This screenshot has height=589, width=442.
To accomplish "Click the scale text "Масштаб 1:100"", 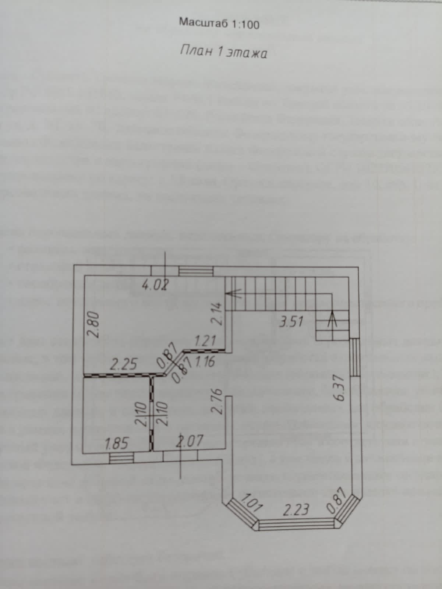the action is (219, 23).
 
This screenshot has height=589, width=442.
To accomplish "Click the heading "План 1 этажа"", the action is (223, 52).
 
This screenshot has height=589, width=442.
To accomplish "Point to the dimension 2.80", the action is (94, 325).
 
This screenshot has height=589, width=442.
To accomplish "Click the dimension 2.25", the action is (124, 364).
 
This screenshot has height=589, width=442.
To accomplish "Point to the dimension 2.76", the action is (217, 401).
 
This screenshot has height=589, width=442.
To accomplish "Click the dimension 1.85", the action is (117, 443).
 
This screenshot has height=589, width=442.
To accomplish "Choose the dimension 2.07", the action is (190, 441).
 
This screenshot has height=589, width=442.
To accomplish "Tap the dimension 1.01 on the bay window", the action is (251, 502).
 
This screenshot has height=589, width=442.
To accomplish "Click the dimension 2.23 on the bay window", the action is (296, 510).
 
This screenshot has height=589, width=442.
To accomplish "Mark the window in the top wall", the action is (196, 271).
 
